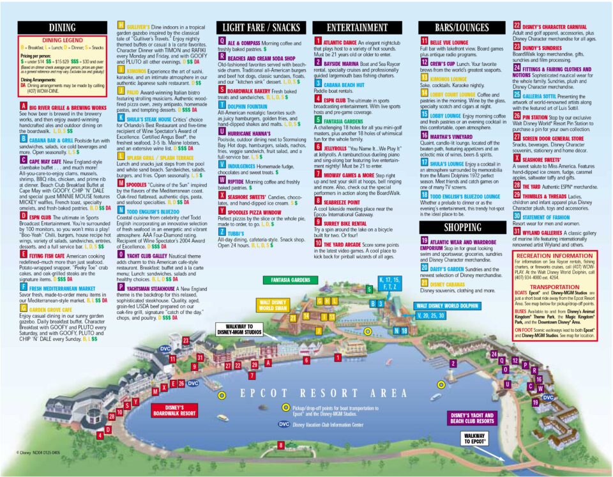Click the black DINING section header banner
click(x=62, y=27)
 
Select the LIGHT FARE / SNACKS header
click(x=262, y=27)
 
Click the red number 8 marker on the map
click(x=281, y=445)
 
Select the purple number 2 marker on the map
click(x=453, y=363)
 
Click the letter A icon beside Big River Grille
click(x=24, y=107)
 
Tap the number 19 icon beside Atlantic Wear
click(x=424, y=242)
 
